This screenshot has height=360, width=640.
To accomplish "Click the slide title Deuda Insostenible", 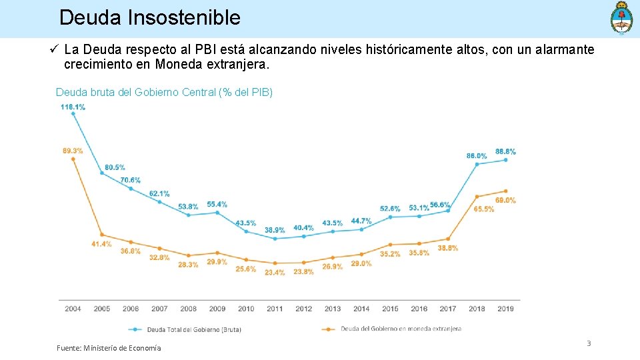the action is tap(150, 17).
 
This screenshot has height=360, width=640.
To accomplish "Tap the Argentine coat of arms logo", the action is tap(621, 19).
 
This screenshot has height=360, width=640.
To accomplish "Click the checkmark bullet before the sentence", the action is tap(54, 49).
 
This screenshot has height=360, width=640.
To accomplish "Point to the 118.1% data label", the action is tap(73, 107).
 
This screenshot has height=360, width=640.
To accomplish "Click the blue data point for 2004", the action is tap(73, 114).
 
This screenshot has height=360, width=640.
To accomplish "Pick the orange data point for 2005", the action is tap(102, 235).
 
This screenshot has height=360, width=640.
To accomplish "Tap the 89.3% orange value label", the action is tap(73, 151).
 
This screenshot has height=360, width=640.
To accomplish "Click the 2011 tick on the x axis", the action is tap(275, 309).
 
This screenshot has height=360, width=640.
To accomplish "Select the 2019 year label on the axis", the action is tap(505, 309).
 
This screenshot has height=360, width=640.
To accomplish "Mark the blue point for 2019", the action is tap(506, 160).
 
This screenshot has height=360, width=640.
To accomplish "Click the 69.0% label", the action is tap(506, 201).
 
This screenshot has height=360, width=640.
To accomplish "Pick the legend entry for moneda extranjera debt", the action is tap(391, 329).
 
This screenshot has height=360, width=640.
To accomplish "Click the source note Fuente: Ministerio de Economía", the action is tap(109, 348).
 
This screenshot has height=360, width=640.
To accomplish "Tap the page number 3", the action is tap(589, 343).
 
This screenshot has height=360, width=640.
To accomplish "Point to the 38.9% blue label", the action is tap(275, 230).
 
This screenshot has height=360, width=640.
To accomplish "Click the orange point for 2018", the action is tap(477, 197).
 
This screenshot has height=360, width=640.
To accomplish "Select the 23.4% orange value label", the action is tap(275, 272).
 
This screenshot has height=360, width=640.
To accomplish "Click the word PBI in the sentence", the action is tap(205, 49).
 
